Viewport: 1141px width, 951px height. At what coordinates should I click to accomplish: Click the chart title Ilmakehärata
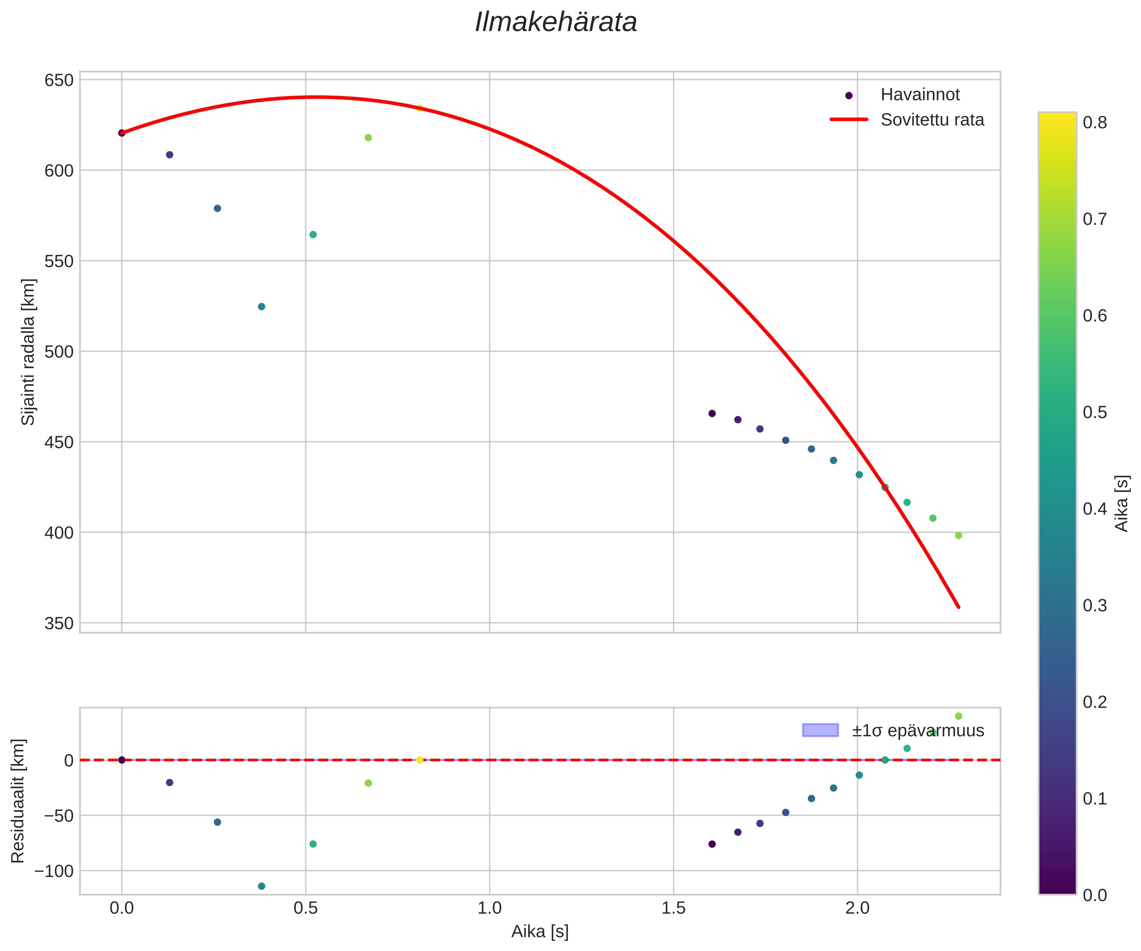[556, 23]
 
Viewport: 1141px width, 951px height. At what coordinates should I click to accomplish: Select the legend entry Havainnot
[920, 94]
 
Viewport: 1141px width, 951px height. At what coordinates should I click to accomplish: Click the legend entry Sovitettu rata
[932, 120]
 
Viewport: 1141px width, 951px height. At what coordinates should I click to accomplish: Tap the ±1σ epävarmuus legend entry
[918, 730]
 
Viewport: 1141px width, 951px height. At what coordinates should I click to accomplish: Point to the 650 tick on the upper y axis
[59, 80]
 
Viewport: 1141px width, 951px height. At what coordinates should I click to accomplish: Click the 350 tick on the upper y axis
[59, 623]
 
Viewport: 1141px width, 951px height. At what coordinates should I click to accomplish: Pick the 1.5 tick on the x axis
[673, 909]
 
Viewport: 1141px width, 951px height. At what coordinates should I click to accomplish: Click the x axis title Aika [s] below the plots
[540, 932]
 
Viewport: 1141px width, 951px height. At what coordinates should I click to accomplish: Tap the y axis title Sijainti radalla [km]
[28, 352]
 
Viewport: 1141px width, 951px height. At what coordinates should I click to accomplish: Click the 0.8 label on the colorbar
[1095, 123]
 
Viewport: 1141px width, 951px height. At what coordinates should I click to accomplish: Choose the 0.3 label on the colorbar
[1095, 605]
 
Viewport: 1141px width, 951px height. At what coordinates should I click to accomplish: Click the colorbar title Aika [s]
[1122, 503]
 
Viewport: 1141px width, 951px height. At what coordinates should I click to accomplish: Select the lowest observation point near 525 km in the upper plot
[262, 307]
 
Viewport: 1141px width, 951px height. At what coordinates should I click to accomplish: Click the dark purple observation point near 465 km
[712, 413]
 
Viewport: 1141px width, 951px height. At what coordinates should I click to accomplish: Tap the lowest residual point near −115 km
[262, 886]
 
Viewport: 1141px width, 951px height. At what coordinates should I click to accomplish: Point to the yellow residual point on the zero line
[419, 760]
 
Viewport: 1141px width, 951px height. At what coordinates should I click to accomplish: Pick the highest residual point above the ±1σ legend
[959, 716]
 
